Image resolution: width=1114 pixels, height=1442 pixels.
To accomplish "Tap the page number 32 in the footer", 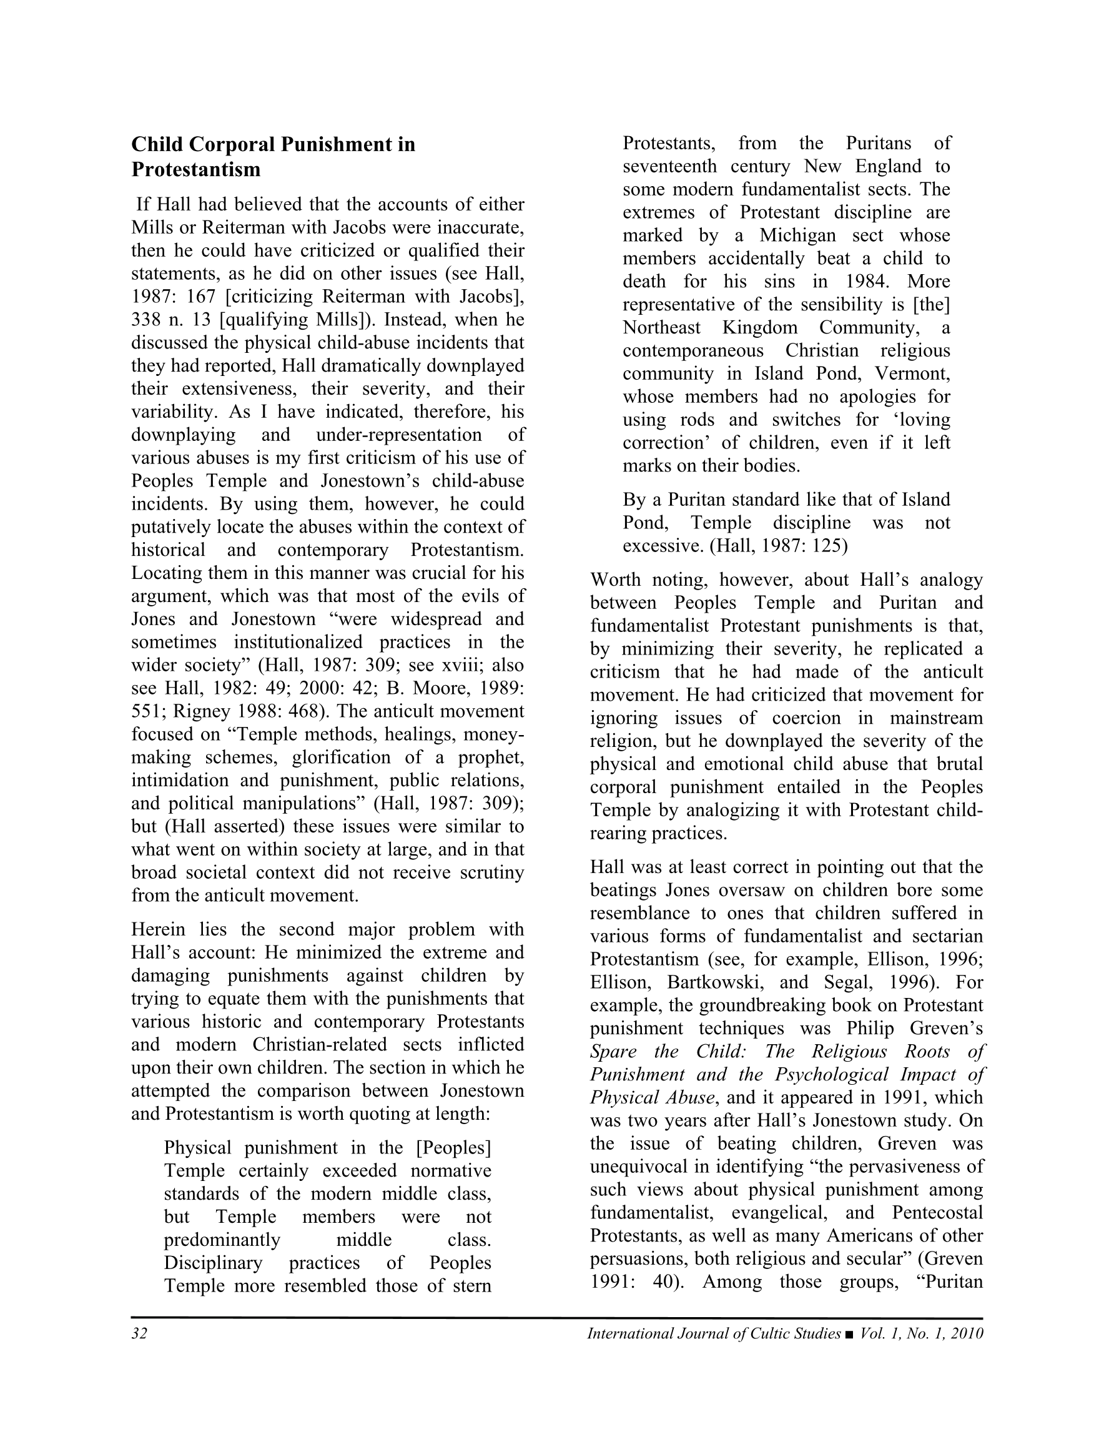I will [x=139, y=1333].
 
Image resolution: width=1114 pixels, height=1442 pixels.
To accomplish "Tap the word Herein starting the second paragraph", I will [x=160, y=930].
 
